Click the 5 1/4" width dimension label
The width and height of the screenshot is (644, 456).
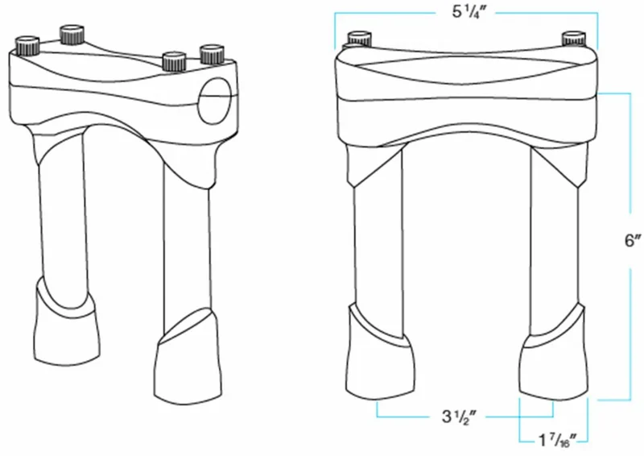469,12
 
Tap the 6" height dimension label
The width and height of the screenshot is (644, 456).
633,241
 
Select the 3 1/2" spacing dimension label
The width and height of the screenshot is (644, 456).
459,417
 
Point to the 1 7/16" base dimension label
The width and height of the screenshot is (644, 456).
558,441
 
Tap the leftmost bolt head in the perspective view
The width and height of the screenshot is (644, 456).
27,46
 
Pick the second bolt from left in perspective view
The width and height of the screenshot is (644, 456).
72,35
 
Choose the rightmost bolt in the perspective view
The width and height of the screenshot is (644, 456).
212,54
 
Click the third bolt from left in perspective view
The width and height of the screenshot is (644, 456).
174,61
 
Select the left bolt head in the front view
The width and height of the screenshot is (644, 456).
360,38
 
